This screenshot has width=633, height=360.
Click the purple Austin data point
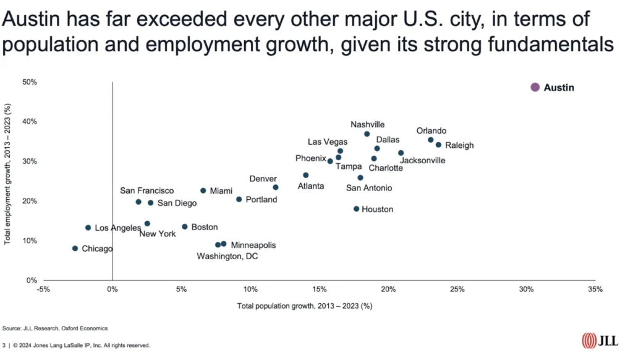pos(535,88)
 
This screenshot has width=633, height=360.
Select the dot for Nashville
pos(367,134)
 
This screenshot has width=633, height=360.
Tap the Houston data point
pos(356,209)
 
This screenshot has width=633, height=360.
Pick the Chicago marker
pos(75,249)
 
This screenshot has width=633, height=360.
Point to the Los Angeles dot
pos(88,228)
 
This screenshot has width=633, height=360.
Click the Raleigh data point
pos(438,145)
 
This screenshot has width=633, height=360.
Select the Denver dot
pos(276,187)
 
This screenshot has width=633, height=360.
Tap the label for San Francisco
pos(147,191)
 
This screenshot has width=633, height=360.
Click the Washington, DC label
pos(227,256)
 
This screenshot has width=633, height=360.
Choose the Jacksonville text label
pos(423,161)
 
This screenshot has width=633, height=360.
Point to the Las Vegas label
pos(328,142)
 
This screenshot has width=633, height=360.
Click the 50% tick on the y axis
pos(30,82)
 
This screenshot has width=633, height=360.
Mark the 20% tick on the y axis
pos(30,201)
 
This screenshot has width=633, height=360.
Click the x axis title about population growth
pos(304,306)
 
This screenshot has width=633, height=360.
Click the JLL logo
pos(597,341)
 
